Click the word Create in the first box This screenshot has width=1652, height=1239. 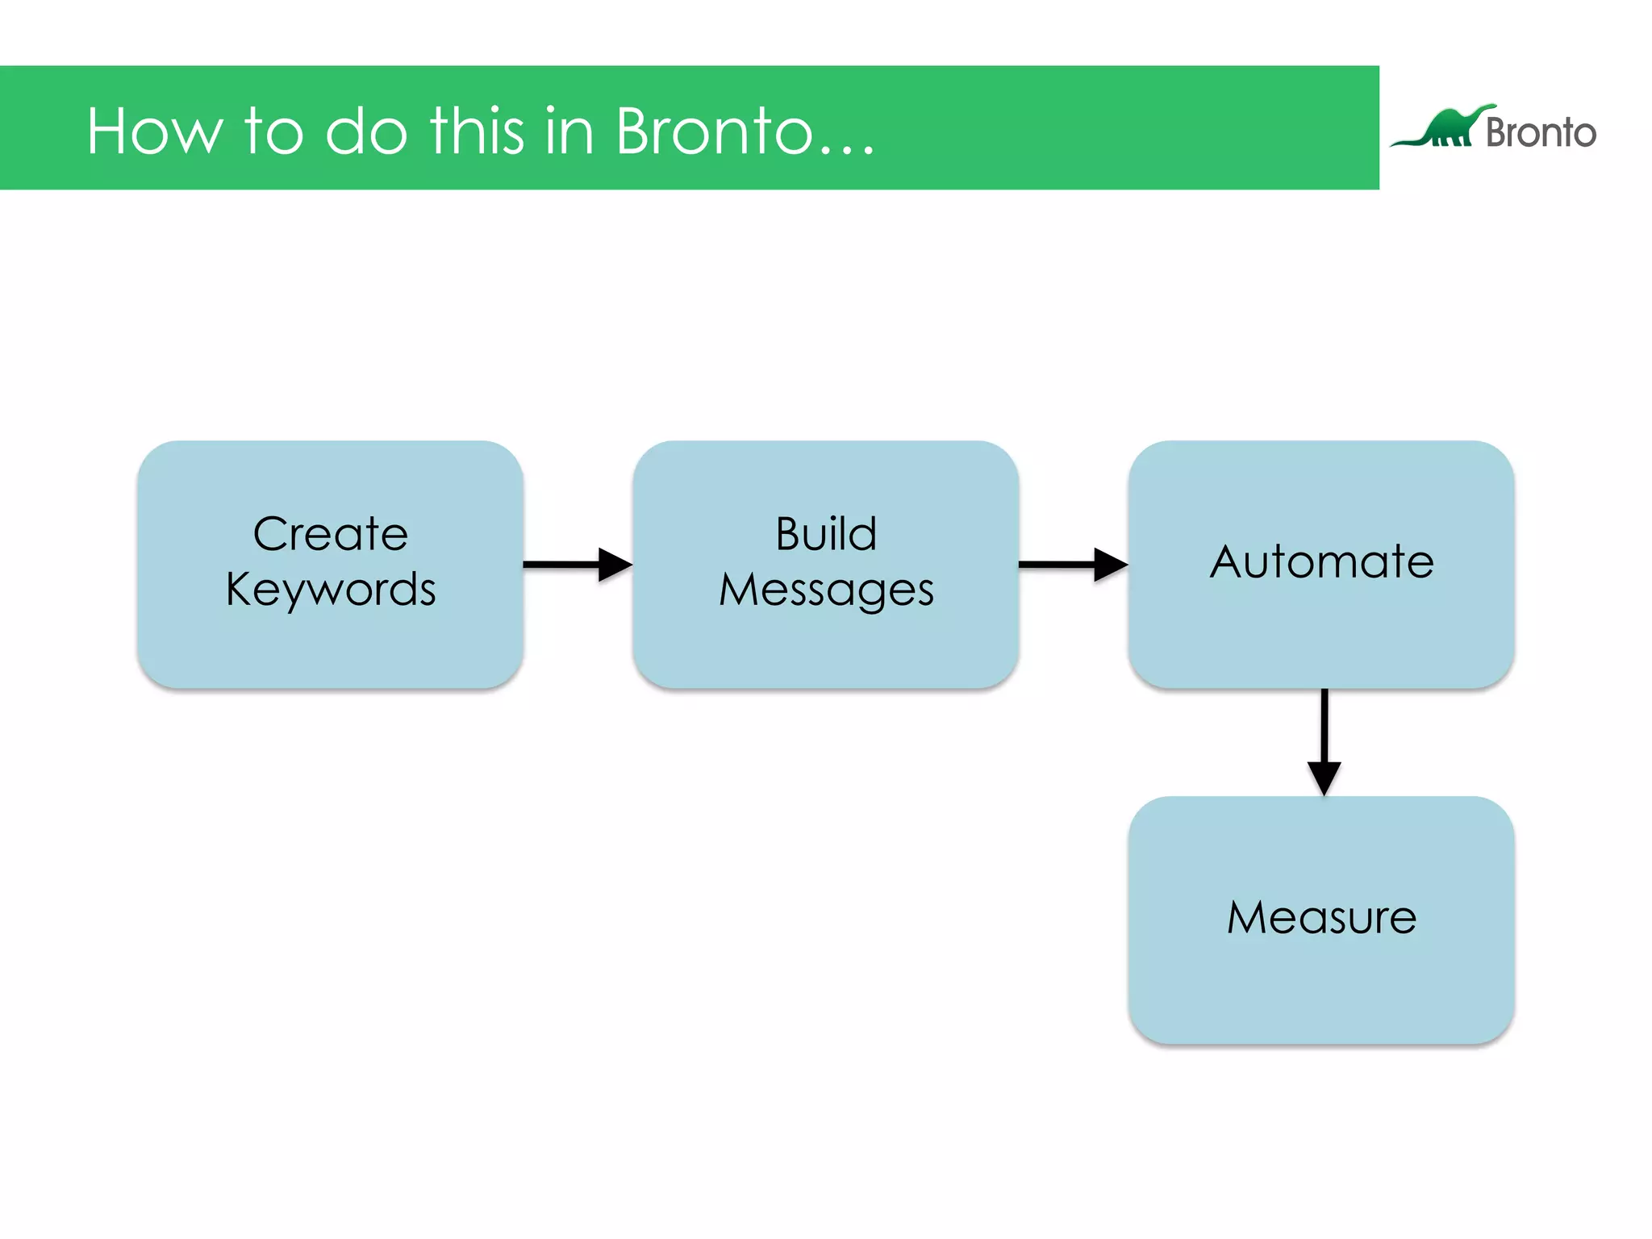pos(331,534)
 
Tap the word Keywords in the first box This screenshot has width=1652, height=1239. pos(331,590)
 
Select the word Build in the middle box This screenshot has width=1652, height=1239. pos(826,534)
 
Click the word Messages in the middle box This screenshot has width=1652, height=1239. pos(826,590)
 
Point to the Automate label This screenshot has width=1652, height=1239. pos(1321,561)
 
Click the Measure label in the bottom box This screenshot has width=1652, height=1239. pos(1321,917)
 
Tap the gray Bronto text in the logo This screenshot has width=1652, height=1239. pos(1541,132)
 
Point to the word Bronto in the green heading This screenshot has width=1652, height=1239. pos(714,131)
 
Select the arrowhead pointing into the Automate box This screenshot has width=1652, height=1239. pos(1110,564)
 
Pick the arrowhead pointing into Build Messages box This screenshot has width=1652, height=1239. pos(615,564)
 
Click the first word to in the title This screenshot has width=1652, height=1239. pos(273,131)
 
